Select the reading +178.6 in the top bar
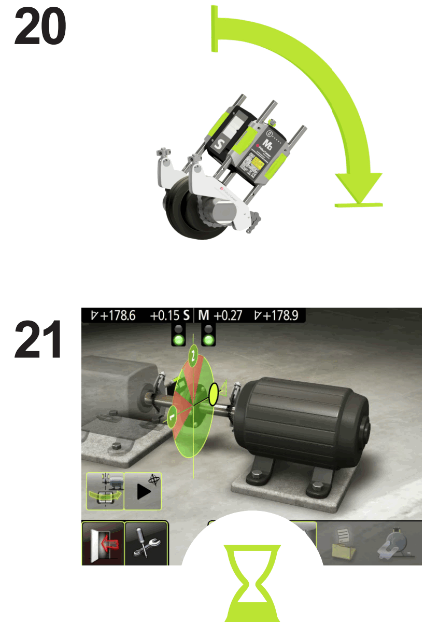[x=113, y=315]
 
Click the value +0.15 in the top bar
[x=164, y=315]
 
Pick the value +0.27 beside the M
[x=228, y=315]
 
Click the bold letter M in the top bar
[x=203, y=315]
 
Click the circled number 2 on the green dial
[x=193, y=356]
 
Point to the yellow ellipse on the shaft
[x=213, y=395]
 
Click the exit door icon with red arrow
[x=103, y=543]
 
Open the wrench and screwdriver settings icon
[x=147, y=543]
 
